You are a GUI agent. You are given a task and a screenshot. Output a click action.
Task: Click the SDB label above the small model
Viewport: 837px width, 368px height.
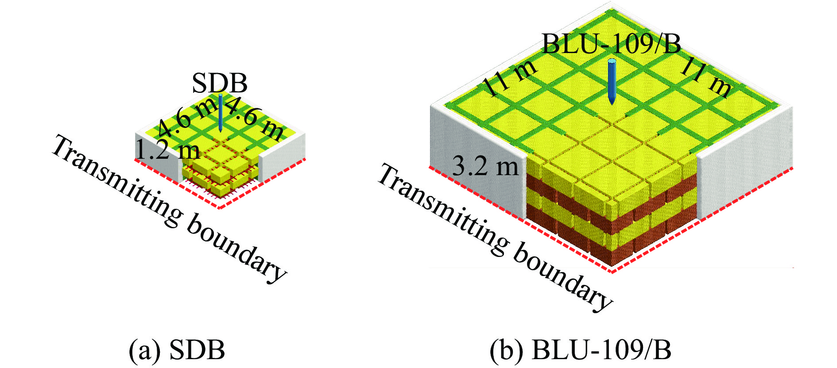click(x=219, y=83)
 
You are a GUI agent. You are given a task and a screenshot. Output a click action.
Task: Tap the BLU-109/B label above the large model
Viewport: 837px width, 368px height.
click(x=611, y=44)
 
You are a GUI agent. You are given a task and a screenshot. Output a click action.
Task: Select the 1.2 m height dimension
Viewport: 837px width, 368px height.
click(x=167, y=150)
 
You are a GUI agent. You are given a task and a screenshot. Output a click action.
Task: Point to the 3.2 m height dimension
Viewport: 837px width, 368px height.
click(x=485, y=167)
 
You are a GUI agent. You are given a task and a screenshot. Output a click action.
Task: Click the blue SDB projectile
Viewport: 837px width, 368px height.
click(x=220, y=113)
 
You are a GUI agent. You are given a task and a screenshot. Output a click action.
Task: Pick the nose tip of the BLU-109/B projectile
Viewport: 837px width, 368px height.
click(x=612, y=103)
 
